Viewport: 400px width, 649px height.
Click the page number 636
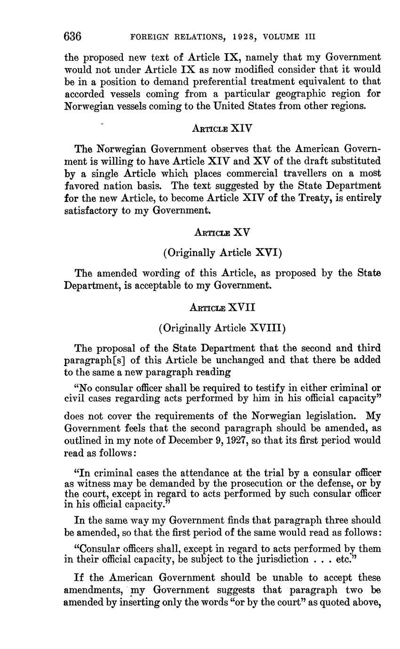coord(73,36)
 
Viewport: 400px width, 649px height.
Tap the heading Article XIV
coord(223,127)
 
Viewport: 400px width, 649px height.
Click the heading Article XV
coord(222,232)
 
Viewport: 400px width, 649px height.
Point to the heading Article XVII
coord(222,307)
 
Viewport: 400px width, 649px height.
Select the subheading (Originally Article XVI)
coord(222,253)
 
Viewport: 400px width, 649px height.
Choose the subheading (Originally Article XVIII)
coord(222,328)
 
